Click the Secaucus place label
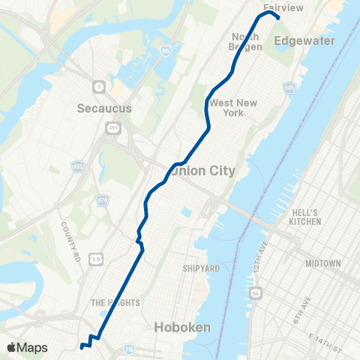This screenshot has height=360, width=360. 104,108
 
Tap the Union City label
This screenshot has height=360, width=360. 204,171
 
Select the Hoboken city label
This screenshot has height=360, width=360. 184,327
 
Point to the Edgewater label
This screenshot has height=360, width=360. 304,40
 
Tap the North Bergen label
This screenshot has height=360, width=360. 246,41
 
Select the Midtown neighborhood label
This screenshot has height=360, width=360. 323,263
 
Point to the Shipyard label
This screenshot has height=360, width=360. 201,268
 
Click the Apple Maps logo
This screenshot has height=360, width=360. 27,347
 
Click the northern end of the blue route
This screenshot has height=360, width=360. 278,18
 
